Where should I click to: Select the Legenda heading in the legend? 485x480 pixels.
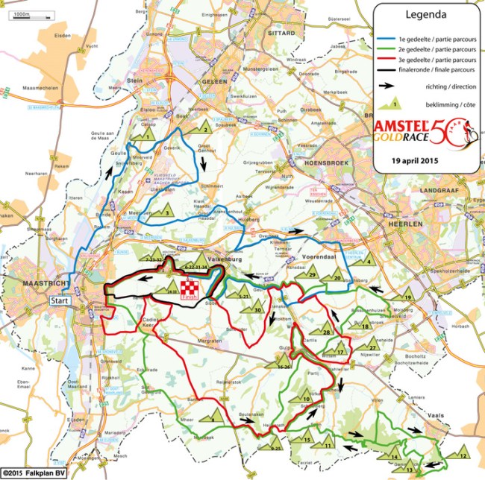pyautogui.click(x=426, y=14)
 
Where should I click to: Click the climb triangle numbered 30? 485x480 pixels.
pyautogui.click(x=257, y=307)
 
